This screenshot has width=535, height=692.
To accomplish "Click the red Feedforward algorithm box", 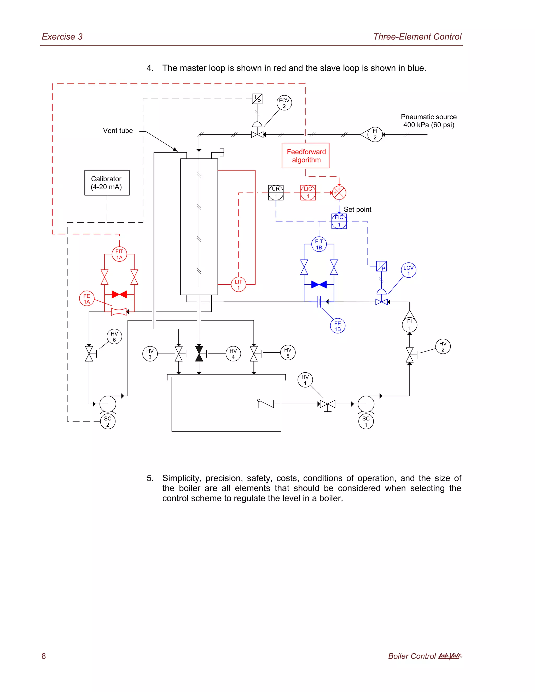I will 306,156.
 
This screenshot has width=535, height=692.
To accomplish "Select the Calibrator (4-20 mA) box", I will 107,183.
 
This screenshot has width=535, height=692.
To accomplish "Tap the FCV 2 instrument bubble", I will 284,103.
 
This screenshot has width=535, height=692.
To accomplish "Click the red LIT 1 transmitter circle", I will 238,285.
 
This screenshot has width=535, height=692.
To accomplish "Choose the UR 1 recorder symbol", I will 276,193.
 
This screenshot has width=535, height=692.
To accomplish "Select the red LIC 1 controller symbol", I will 308,193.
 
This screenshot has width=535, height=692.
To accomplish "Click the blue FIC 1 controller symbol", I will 339,221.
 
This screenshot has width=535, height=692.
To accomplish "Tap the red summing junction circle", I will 339,193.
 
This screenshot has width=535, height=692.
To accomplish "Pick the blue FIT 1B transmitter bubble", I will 319,244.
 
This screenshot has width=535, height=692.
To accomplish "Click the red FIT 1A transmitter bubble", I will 119,254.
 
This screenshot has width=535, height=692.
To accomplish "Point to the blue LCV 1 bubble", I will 408,270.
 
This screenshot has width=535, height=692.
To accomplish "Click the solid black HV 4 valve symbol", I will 199,354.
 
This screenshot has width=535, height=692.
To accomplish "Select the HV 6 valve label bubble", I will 114,337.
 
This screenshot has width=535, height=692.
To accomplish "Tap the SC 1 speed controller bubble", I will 366,421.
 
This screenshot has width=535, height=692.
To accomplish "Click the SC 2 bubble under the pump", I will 108,421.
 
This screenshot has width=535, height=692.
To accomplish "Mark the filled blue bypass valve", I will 319,285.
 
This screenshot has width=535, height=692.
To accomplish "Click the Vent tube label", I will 118,131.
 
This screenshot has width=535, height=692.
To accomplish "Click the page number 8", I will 44,656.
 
